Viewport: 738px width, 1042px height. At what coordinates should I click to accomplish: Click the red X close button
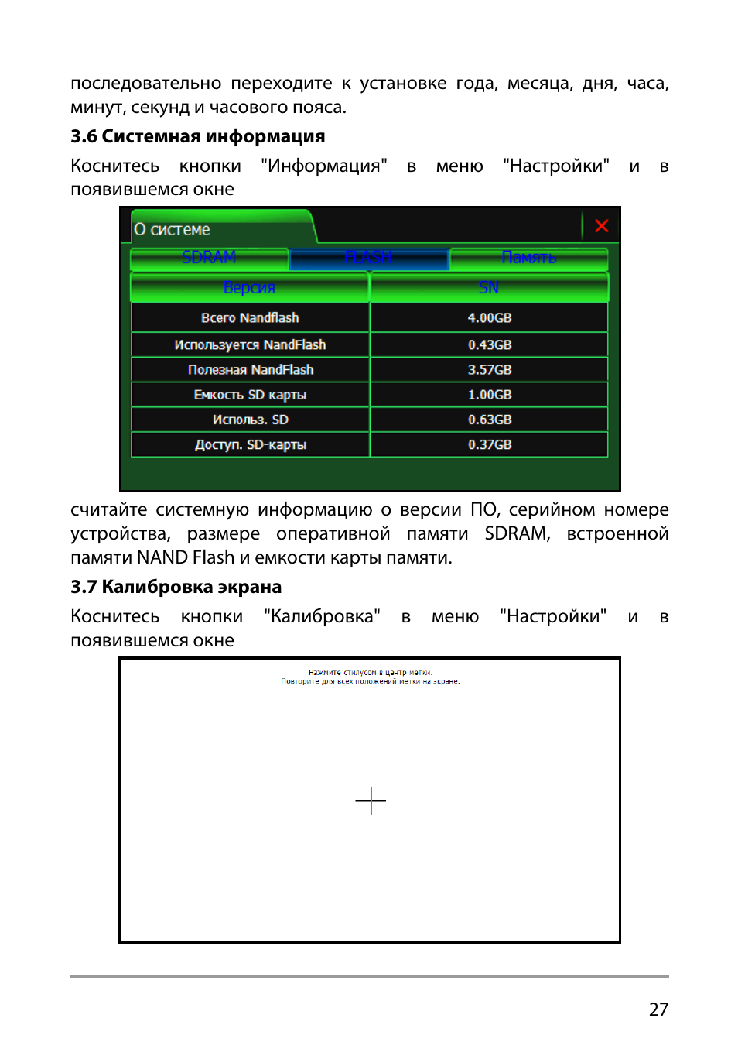click(x=601, y=226)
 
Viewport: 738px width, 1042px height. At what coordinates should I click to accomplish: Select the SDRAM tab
click(x=209, y=258)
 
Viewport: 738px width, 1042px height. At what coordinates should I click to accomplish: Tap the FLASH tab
click(x=369, y=258)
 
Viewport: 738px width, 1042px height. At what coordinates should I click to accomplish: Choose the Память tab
click(x=529, y=258)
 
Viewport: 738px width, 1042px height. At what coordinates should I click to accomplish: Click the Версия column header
click(x=249, y=288)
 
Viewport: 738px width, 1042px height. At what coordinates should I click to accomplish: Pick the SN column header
click(x=489, y=288)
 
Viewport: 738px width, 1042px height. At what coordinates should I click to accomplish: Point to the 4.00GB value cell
click(x=489, y=318)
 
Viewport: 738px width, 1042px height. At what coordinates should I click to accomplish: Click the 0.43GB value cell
click(x=489, y=344)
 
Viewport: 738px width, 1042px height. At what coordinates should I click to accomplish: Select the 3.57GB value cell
click(x=489, y=370)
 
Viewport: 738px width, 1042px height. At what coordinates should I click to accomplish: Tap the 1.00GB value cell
click(x=489, y=395)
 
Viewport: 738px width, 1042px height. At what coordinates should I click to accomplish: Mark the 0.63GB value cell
click(x=489, y=420)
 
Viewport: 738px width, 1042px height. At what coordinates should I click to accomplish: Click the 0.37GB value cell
click(x=489, y=444)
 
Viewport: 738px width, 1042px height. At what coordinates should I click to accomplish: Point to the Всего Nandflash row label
click(x=250, y=318)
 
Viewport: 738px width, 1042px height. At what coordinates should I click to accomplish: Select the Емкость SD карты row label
click(x=250, y=395)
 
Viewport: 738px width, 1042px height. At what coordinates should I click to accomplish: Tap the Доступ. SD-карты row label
click(x=250, y=444)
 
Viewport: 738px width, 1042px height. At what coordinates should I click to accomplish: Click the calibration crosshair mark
click(x=371, y=800)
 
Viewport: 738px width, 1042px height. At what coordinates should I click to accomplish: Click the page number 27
click(x=658, y=1009)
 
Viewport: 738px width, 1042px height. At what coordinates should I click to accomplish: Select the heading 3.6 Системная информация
click(x=197, y=136)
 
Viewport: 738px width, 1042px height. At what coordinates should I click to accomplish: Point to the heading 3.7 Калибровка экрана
click(x=176, y=587)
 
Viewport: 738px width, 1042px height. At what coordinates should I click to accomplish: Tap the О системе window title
click(x=172, y=230)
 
